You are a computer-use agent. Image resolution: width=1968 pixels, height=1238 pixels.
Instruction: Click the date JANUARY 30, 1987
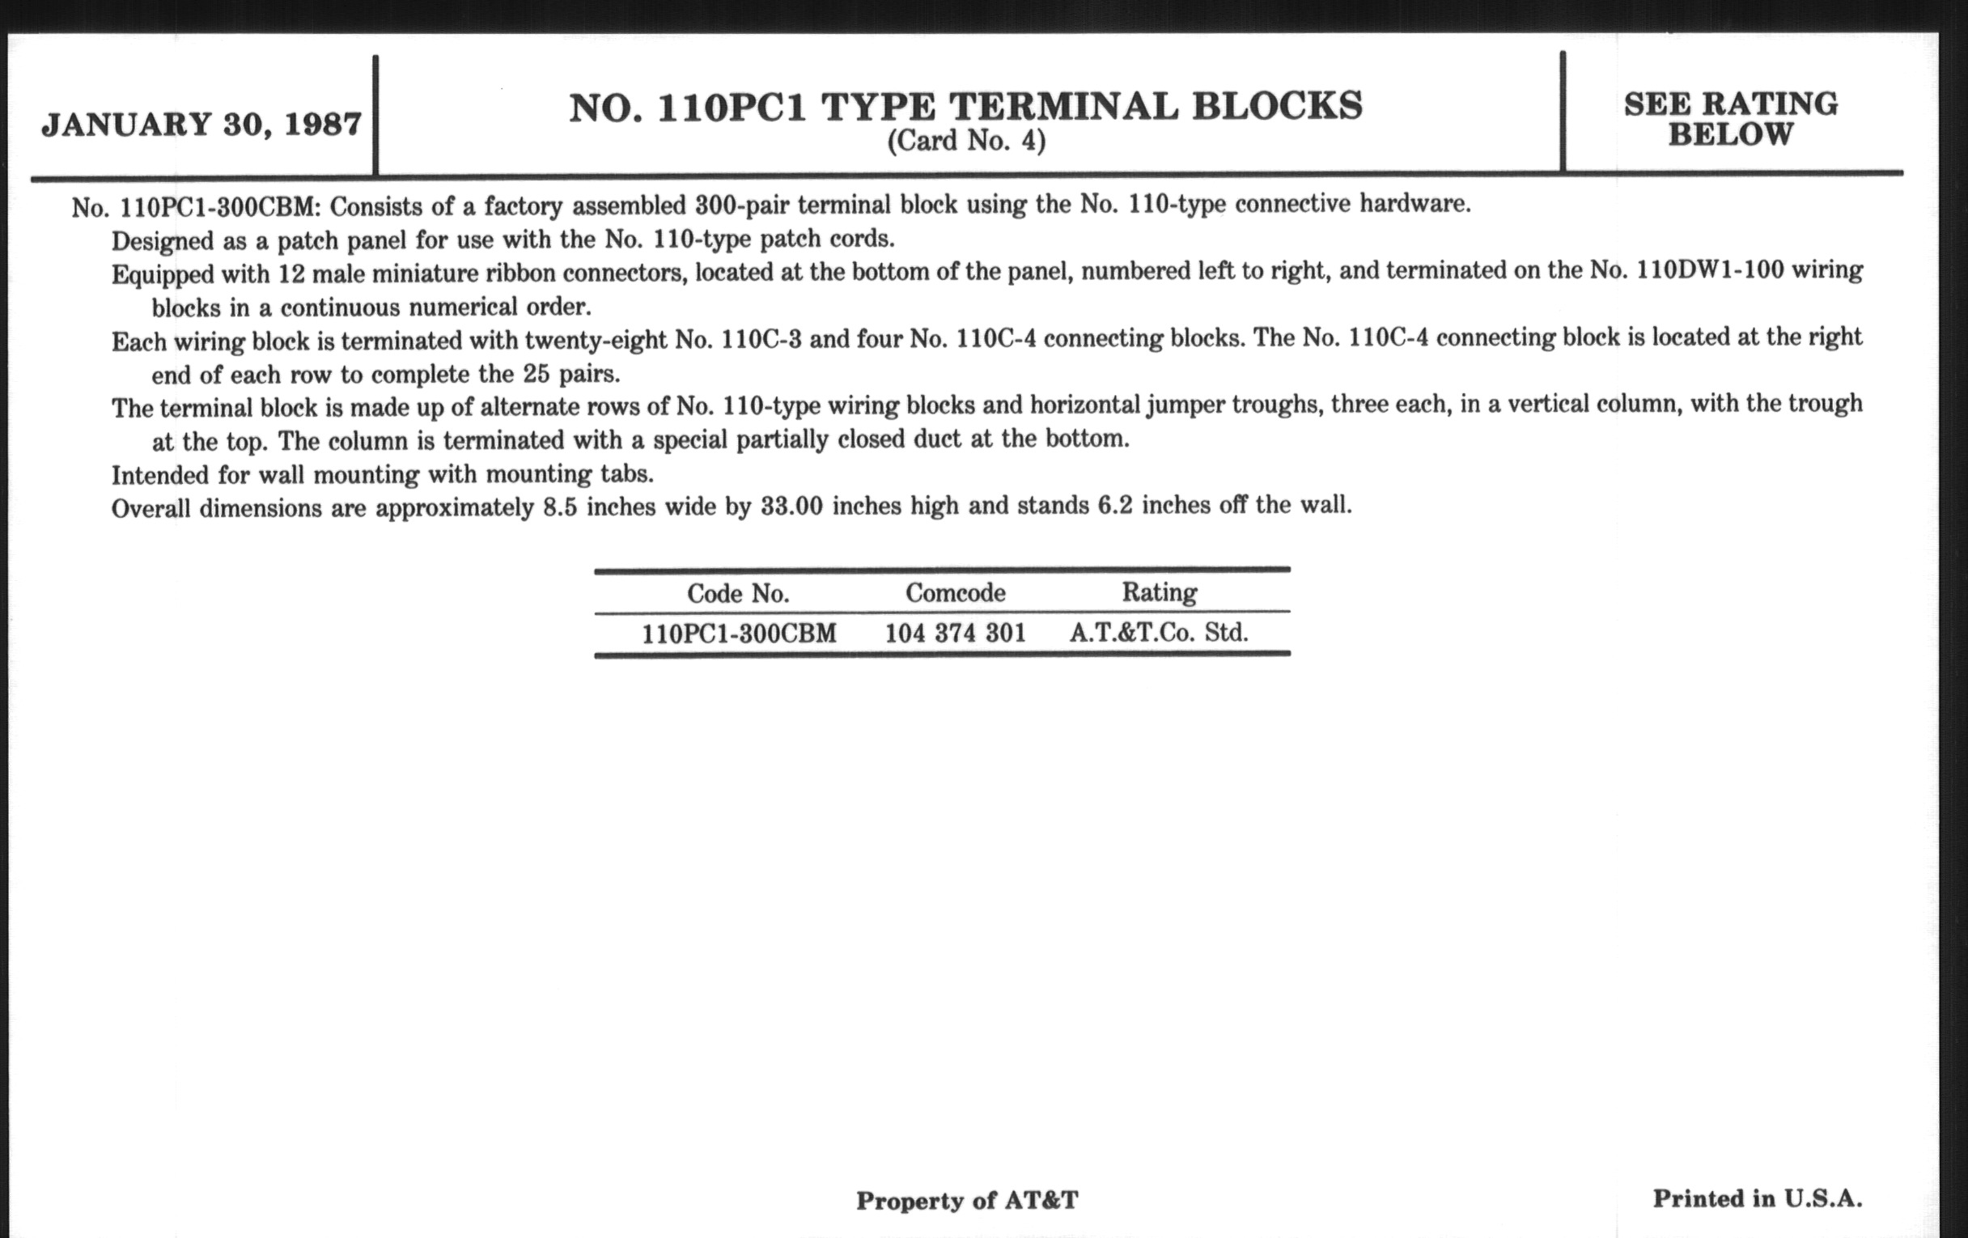tap(201, 125)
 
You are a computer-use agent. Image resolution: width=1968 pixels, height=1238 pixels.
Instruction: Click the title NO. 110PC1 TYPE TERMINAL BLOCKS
tap(965, 108)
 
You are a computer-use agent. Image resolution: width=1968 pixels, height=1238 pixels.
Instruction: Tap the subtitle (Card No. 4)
tap(966, 142)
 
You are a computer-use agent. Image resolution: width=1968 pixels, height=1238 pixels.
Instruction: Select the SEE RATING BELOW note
tap(1730, 118)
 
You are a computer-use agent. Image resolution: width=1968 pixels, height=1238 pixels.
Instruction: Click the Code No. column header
tap(738, 593)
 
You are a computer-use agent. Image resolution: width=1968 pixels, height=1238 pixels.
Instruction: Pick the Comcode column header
tap(956, 592)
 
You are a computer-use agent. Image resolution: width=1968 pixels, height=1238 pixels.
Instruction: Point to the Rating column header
tap(1159, 591)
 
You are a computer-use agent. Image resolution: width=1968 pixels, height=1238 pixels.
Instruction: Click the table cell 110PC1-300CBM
tap(739, 634)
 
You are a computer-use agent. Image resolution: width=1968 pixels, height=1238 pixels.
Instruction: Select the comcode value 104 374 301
tap(956, 634)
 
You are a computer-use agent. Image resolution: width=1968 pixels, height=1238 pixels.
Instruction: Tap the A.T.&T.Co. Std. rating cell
tap(1159, 633)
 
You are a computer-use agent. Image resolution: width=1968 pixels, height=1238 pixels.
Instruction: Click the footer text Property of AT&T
tap(967, 1201)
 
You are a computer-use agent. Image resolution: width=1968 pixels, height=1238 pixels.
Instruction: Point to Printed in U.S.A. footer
tap(1757, 1199)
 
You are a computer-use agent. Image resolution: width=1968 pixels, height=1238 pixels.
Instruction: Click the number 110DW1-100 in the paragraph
tap(1710, 270)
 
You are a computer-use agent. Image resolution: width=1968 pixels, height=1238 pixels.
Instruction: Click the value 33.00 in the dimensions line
tap(791, 507)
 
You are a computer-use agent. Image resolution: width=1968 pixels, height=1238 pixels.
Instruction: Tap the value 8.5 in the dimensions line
tap(560, 507)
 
